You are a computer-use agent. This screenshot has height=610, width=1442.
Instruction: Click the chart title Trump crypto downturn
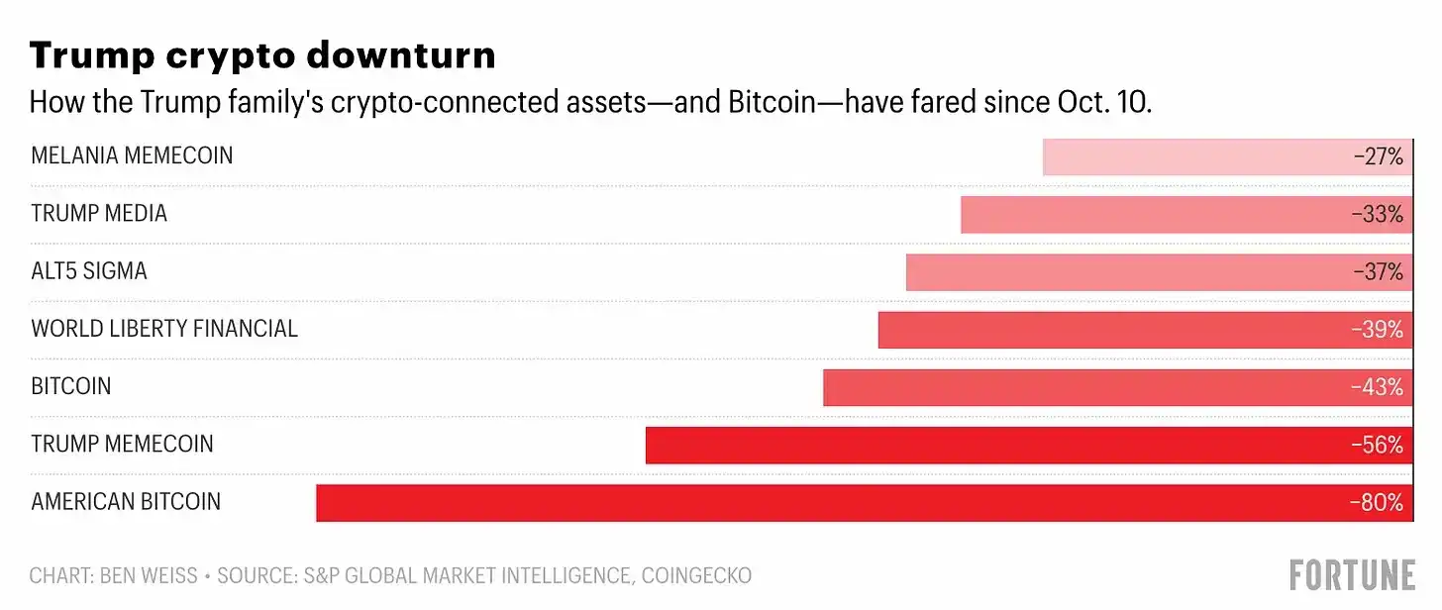click(x=262, y=56)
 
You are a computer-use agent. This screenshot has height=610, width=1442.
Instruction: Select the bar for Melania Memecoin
click(x=1188, y=156)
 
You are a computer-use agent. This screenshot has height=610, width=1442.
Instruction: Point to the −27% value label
click(x=1379, y=156)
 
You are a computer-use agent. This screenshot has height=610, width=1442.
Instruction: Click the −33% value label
click(x=1379, y=214)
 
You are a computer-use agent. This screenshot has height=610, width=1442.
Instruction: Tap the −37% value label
click(x=1379, y=271)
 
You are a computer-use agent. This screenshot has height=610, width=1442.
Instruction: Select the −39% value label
click(x=1378, y=329)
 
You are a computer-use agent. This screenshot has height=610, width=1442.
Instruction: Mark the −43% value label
click(x=1378, y=387)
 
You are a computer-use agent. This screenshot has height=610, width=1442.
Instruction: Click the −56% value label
click(x=1378, y=445)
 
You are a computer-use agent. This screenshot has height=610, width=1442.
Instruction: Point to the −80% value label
click(x=1378, y=502)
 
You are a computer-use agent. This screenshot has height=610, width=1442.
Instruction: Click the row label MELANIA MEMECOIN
click(x=132, y=155)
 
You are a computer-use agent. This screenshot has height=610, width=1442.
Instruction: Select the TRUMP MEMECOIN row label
click(x=122, y=444)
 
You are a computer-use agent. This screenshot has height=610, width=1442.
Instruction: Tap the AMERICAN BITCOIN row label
click(x=126, y=501)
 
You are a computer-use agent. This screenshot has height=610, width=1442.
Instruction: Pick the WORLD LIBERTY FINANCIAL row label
click(x=164, y=329)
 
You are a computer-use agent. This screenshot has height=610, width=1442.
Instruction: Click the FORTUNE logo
click(x=1353, y=574)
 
